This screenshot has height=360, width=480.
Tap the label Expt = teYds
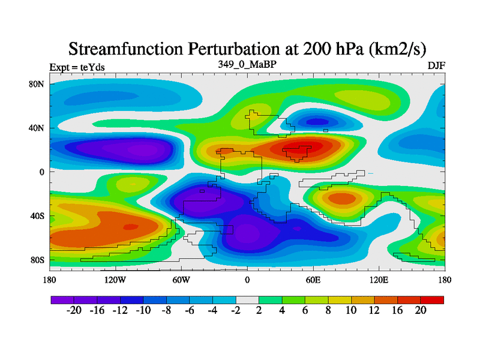(x=77, y=67)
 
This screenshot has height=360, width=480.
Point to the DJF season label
(x=436, y=65)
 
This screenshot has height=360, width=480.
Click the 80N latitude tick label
(x=37, y=84)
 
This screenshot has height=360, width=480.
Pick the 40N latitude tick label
(x=37, y=128)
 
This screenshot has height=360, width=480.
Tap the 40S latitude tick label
(x=37, y=216)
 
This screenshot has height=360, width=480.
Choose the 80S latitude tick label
(x=37, y=260)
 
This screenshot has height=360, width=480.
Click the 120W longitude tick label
(x=115, y=280)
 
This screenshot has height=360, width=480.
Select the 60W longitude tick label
(x=181, y=280)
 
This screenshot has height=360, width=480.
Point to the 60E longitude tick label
(x=313, y=280)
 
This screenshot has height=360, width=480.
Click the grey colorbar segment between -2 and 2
(x=247, y=299)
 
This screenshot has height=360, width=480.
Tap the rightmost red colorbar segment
(x=432, y=299)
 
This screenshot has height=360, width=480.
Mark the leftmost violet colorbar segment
(x=62, y=299)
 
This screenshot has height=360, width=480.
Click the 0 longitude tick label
(x=247, y=280)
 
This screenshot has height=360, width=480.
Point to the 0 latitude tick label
(x=42, y=172)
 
